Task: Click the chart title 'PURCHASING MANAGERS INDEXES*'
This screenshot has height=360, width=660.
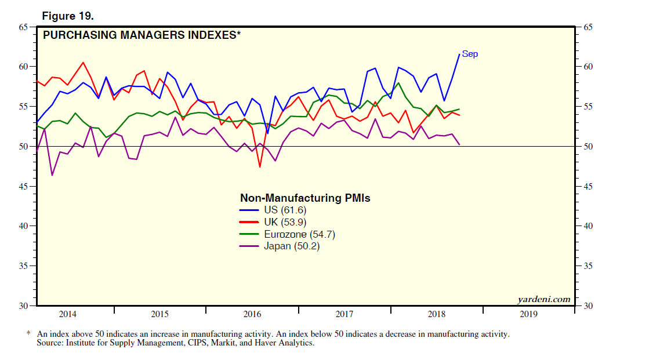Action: (x=142, y=35)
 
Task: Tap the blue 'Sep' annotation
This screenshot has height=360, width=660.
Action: (x=470, y=54)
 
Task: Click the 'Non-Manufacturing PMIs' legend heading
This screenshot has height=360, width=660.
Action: (x=305, y=198)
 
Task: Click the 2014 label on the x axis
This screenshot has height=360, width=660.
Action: (x=68, y=314)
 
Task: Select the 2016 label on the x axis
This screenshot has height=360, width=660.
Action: (x=252, y=314)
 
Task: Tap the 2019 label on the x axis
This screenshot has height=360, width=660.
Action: (x=528, y=314)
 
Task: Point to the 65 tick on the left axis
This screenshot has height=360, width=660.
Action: (x=23, y=27)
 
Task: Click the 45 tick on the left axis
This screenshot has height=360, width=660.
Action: (x=23, y=186)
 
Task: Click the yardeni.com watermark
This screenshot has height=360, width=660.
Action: (x=543, y=300)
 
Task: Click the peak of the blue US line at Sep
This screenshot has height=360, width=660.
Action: (x=459, y=54)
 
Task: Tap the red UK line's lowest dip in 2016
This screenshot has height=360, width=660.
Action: (x=260, y=167)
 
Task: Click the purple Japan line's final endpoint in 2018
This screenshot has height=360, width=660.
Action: (x=459, y=144)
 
